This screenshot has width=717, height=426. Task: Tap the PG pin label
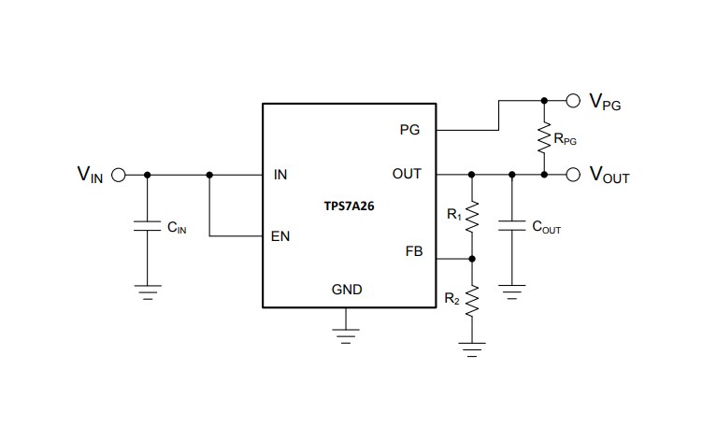pos(409,130)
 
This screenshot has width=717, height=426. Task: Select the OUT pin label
pos(408,174)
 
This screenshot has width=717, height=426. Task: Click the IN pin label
pos(280,174)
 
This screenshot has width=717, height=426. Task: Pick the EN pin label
pos(280,236)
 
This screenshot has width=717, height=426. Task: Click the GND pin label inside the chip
pos(347,290)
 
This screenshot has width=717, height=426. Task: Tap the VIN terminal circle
pos(119,174)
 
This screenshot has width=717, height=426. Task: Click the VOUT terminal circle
pos(573,174)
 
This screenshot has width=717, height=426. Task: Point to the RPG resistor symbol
pos(543,138)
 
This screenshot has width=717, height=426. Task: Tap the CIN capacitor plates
pos(146,226)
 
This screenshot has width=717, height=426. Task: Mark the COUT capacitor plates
pos(511,225)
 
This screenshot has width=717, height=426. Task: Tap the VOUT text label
pos(609,176)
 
